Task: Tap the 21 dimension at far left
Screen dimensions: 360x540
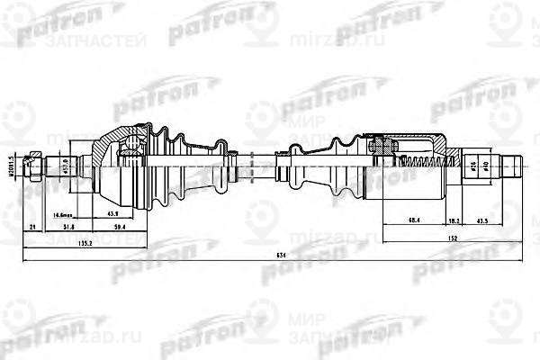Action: (x=32, y=229)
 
